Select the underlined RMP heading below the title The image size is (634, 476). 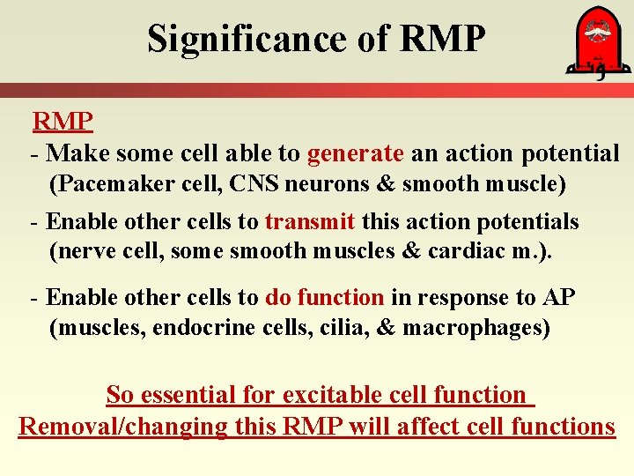pyautogui.click(x=63, y=121)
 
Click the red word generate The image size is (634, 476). pyautogui.click(x=355, y=153)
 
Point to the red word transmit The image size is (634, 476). pyautogui.click(x=310, y=221)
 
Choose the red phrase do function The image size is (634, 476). pyautogui.click(x=324, y=298)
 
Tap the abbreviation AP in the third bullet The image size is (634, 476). pyautogui.click(x=558, y=298)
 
